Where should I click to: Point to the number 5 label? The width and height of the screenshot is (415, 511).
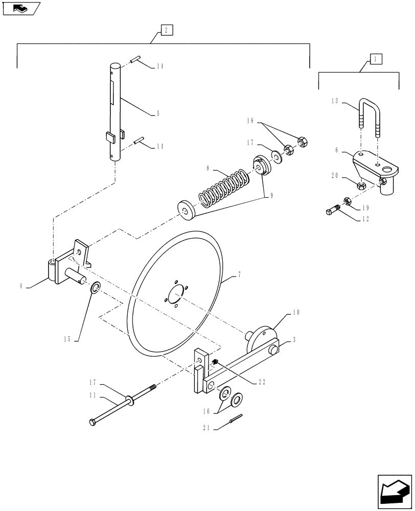click(x=158, y=114)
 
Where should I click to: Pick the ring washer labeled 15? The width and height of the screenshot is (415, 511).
click(x=95, y=290)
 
